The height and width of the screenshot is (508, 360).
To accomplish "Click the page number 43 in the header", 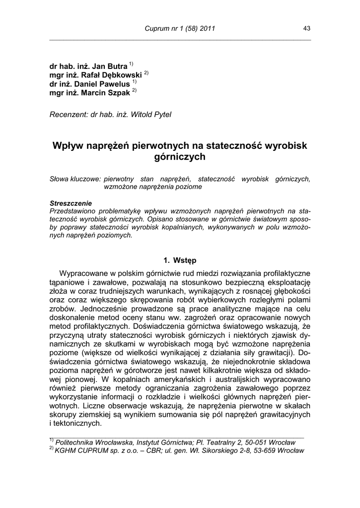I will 307,29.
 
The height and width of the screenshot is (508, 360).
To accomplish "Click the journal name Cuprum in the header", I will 156,29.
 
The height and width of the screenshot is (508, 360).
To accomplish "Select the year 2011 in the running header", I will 207,29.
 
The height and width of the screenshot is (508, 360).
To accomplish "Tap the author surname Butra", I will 117,66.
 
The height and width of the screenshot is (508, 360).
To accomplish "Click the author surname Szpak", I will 116,93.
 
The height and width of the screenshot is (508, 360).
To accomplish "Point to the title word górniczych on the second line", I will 180,157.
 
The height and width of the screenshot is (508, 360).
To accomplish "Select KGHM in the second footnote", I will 66,450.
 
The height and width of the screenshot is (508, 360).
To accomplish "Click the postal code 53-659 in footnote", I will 257,450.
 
